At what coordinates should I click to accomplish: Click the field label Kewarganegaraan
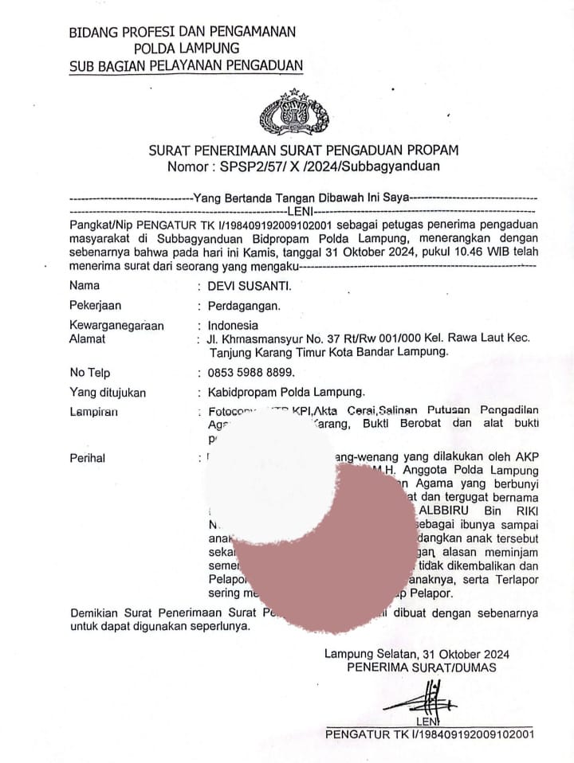116,325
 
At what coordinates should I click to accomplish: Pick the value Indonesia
233,325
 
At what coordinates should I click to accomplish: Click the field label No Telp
90,372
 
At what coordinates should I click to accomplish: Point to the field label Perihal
88,458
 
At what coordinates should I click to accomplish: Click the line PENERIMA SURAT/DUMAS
421,667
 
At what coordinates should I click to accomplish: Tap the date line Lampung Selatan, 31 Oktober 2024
417,654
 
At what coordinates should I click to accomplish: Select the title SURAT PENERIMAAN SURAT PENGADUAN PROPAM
304,150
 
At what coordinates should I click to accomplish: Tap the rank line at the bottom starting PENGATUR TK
430,734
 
